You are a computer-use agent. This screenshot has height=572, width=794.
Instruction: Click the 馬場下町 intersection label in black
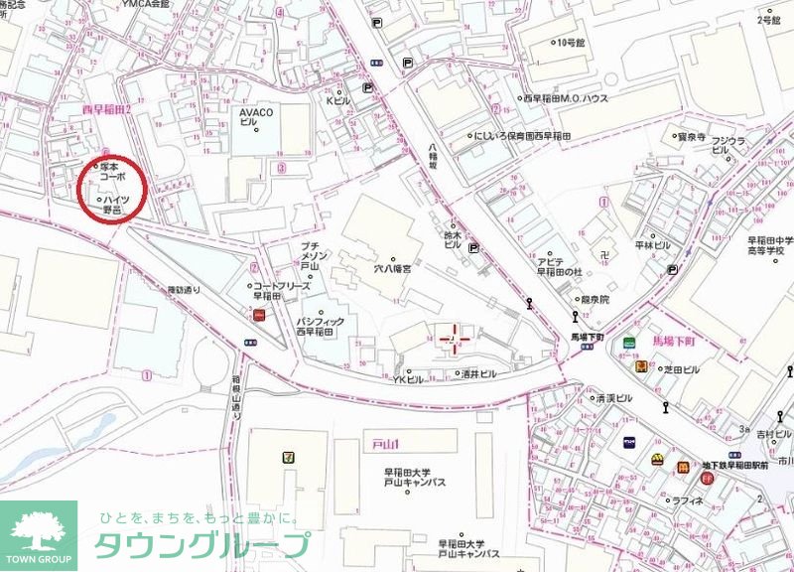tap(588, 337)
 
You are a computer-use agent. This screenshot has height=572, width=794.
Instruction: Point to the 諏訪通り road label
tap(184, 290)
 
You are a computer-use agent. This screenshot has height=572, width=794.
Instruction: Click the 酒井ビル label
tap(480, 374)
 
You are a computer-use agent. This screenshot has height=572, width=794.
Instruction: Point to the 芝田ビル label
tap(682, 369)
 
